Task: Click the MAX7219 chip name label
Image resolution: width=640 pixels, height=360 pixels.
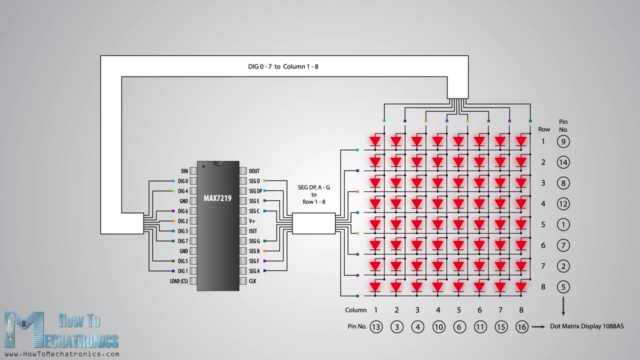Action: tap(217, 198)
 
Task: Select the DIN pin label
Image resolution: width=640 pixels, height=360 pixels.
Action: tap(184, 171)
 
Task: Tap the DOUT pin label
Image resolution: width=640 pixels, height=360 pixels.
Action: tap(254, 171)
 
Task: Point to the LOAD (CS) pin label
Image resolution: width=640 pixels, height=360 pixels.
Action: tap(178, 281)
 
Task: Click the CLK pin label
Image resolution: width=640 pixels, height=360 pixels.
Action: tap(252, 281)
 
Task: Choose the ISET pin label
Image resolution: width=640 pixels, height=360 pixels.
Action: tap(253, 231)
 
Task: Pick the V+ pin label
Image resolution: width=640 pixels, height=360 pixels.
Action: tap(252, 221)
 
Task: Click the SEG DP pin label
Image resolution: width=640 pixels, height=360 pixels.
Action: tap(255, 191)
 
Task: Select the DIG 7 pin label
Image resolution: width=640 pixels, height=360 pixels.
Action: tap(183, 241)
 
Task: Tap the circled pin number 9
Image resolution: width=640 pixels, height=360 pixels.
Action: tap(563, 141)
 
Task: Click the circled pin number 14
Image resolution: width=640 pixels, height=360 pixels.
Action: tap(563, 162)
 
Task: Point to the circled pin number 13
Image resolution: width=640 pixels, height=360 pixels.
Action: tap(375, 327)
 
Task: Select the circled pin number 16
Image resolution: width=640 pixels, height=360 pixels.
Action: tap(521, 327)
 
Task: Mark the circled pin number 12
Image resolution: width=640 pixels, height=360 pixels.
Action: tap(563, 203)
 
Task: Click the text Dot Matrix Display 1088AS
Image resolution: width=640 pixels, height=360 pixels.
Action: tap(586, 326)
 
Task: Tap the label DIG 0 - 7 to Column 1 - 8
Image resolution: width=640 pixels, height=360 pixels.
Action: tap(283, 66)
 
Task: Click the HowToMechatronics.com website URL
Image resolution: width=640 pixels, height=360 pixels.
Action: tap(62, 354)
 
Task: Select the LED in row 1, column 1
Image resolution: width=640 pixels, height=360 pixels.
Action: tap(375, 141)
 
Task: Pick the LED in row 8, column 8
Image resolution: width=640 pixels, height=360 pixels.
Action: tap(521, 287)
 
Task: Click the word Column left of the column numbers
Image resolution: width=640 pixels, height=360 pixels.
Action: tap(355, 310)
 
